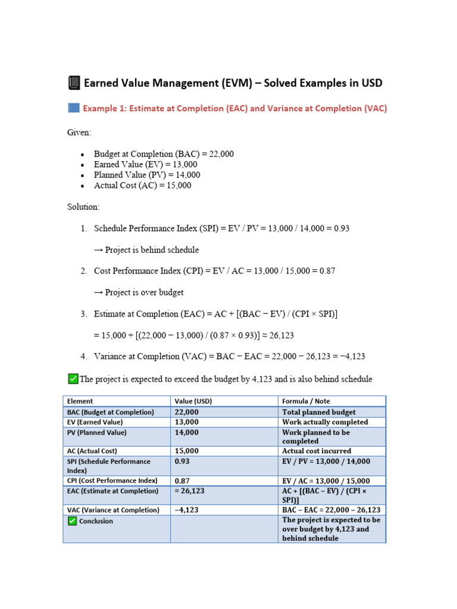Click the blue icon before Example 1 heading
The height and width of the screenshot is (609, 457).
[x=73, y=108]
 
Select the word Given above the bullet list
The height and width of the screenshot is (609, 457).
[x=79, y=133]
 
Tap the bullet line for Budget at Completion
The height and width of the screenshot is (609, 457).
[x=164, y=154]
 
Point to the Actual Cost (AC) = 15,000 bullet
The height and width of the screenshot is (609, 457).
[x=142, y=186]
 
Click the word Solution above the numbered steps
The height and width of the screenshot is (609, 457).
[x=83, y=207]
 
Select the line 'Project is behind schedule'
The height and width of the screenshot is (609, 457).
[x=146, y=250]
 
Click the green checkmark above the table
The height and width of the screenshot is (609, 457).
[x=73, y=379]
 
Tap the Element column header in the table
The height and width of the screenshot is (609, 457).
[x=80, y=401]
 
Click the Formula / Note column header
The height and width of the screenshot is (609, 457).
[x=306, y=401]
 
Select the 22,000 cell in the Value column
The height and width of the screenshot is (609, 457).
[x=187, y=412]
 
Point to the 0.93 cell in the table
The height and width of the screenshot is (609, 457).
[x=181, y=462]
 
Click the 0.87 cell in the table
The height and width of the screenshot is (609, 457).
[x=181, y=481]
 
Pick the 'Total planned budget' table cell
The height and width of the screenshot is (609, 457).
[x=319, y=412]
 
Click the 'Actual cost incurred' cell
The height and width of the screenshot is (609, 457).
[x=317, y=451]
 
